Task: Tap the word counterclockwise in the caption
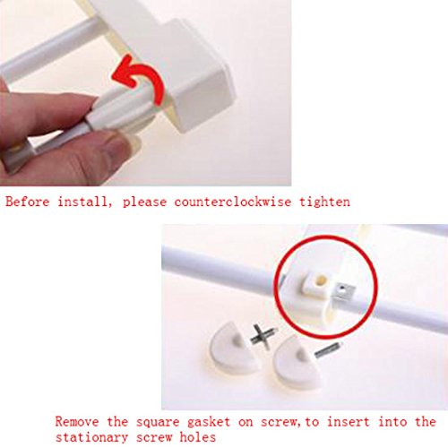tap(232, 202)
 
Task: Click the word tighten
tap(324, 202)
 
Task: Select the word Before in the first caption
tap(28, 202)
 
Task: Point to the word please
tap(144, 202)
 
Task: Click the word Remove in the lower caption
tap(77, 422)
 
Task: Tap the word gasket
tap(209, 422)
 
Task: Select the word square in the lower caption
tap(158, 423)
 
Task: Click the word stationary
tap(91, 437)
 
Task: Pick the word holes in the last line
tap(197, 437)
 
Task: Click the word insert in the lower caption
tap(349, 422)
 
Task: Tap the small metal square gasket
tap(344, 290)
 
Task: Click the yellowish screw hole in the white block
tap(321, 280)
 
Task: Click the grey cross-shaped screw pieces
tap(263, 337)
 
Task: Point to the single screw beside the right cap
tap(328, 349)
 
